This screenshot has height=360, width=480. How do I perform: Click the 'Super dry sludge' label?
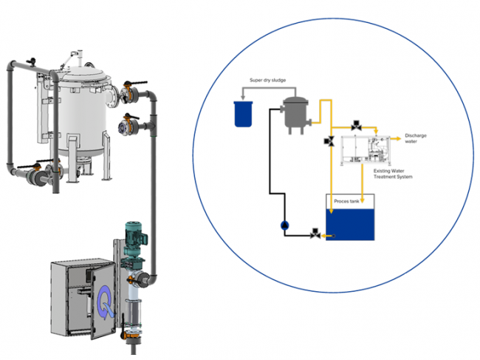[267, 81]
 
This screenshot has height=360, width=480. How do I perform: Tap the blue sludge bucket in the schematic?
[244, 114]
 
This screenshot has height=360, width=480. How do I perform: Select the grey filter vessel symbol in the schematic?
[295, 115]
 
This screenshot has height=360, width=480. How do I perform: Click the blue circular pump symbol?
[285, 225]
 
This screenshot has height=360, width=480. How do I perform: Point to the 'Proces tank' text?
[346, 201]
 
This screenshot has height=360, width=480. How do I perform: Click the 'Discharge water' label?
[416, 138]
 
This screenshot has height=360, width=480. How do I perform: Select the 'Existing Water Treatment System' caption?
[393, 174]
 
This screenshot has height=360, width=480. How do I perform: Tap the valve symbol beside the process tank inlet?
[315, 234]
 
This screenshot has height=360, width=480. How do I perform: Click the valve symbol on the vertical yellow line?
[329, 141]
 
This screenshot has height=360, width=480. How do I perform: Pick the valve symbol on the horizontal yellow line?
[356, 126]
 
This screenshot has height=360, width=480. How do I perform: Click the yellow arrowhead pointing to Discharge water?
[398, 139]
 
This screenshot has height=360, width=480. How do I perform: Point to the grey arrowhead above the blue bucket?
[243, 98]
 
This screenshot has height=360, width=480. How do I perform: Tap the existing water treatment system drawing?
[366, 151]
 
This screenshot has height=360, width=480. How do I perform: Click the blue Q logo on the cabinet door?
[105, 302]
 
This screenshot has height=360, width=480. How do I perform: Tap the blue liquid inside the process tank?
[350, 225]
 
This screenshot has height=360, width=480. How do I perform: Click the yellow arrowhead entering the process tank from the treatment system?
[362, 200]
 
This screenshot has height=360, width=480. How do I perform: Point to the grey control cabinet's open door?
[103, 301]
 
